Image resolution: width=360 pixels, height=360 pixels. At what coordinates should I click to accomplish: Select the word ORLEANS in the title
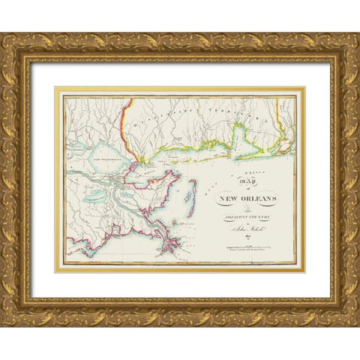click(253, 199)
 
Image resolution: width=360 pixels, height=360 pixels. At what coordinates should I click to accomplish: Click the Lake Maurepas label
click(78, 146)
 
